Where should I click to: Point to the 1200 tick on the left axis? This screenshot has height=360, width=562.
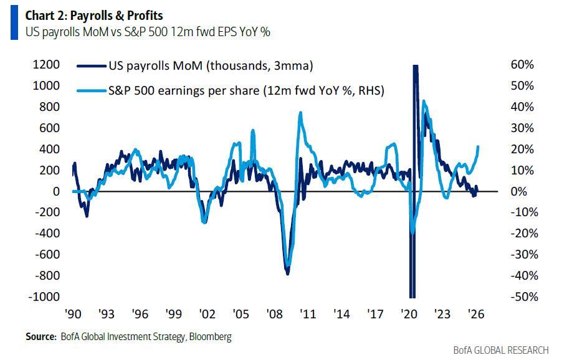[47, 65]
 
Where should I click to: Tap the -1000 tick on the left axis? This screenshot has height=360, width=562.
[45, 297]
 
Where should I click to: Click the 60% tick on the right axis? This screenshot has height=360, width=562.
[523, 65]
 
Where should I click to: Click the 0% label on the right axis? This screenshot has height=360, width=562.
[520, 191]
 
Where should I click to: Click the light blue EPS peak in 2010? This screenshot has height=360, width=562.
[300, 113]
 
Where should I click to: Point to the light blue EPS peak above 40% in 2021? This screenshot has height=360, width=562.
[424, 101]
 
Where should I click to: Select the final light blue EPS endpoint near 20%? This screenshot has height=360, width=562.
[478, 146]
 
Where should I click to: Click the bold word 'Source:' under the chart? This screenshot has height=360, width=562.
[40, 337]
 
